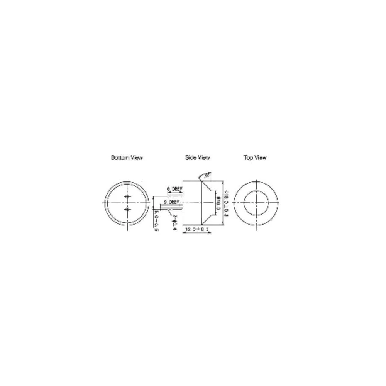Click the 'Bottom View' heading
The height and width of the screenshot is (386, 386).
(x=127, y=157)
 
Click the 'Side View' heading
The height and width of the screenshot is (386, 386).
(x=197, y=157)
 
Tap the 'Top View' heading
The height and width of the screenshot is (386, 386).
(x=255, y=157)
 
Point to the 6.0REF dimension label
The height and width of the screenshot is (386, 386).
(x=175, y=189)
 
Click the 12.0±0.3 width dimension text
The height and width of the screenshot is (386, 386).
(x=197, y=229)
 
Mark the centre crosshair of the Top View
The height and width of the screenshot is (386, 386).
(x=256, y=203)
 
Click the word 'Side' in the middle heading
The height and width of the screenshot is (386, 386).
(x=191, y=157)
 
